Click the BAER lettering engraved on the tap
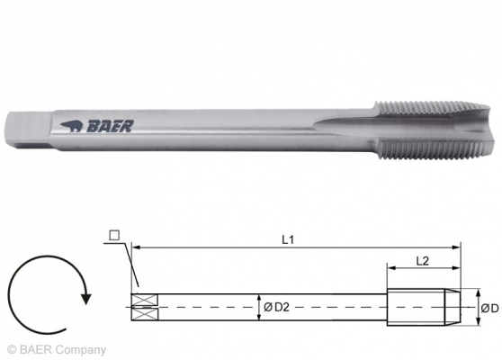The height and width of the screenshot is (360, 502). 110,127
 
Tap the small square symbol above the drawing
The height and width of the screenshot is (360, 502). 113,236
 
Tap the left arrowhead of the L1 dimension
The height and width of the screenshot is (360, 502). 136,246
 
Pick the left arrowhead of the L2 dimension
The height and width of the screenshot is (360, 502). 390,268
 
